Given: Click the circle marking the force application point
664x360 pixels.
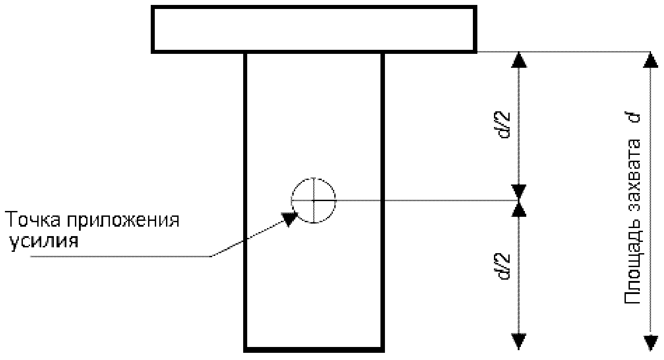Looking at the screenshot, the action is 314,200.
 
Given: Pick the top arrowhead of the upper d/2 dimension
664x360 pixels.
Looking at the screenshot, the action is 519,59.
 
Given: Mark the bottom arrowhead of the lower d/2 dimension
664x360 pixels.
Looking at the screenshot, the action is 519,341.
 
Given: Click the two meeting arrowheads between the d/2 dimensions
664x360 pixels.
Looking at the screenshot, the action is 519,200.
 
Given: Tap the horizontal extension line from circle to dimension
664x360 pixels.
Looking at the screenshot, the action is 426,200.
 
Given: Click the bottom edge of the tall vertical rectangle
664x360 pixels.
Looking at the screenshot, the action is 314,349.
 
